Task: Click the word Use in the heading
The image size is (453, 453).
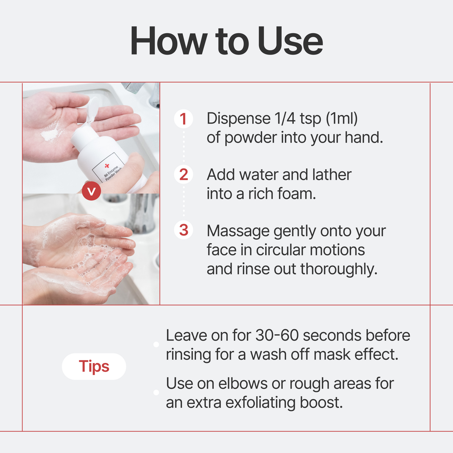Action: [290, 42]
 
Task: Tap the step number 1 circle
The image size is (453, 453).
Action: [183, 119]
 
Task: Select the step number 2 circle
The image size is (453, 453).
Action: [183, 174]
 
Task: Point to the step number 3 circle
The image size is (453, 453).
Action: [183, 230]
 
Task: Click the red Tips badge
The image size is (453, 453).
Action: [94, 366]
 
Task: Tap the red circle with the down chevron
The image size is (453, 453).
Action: [91, 191]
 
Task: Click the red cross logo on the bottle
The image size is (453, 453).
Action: [107, 165]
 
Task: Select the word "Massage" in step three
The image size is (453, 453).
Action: [238, 231]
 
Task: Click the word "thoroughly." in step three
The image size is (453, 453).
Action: [339, 269]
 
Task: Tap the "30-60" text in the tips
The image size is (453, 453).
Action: [277, 335]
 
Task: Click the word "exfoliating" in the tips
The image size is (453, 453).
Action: [260, 403]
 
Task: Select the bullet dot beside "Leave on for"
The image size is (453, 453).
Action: [156, 345]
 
